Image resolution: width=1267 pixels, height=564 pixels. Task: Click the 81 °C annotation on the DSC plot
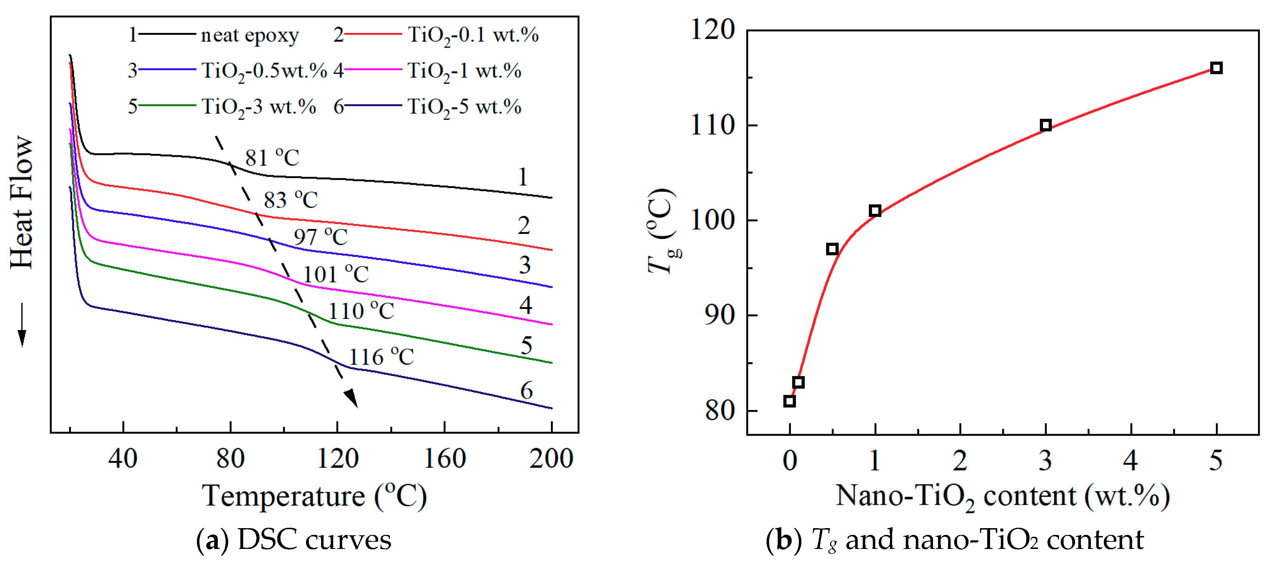[272, 158]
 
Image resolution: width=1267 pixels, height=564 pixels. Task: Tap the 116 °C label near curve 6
[381, 357]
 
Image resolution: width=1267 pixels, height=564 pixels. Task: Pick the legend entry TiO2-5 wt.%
[464, 107]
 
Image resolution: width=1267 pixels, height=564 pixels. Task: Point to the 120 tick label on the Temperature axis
[338, 459]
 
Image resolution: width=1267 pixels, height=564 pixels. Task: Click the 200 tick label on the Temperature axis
[551, 459]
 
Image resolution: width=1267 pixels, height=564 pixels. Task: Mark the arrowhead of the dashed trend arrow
[352, 398]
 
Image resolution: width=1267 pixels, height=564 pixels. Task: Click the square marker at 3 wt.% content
[1046, 125]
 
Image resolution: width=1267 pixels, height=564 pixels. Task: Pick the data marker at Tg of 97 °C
[832, 249]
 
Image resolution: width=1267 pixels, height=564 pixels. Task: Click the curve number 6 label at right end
[526, 391]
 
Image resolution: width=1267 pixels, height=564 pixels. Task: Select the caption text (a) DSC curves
[294, 540]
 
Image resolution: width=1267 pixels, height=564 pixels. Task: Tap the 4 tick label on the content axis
[1130, 461]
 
